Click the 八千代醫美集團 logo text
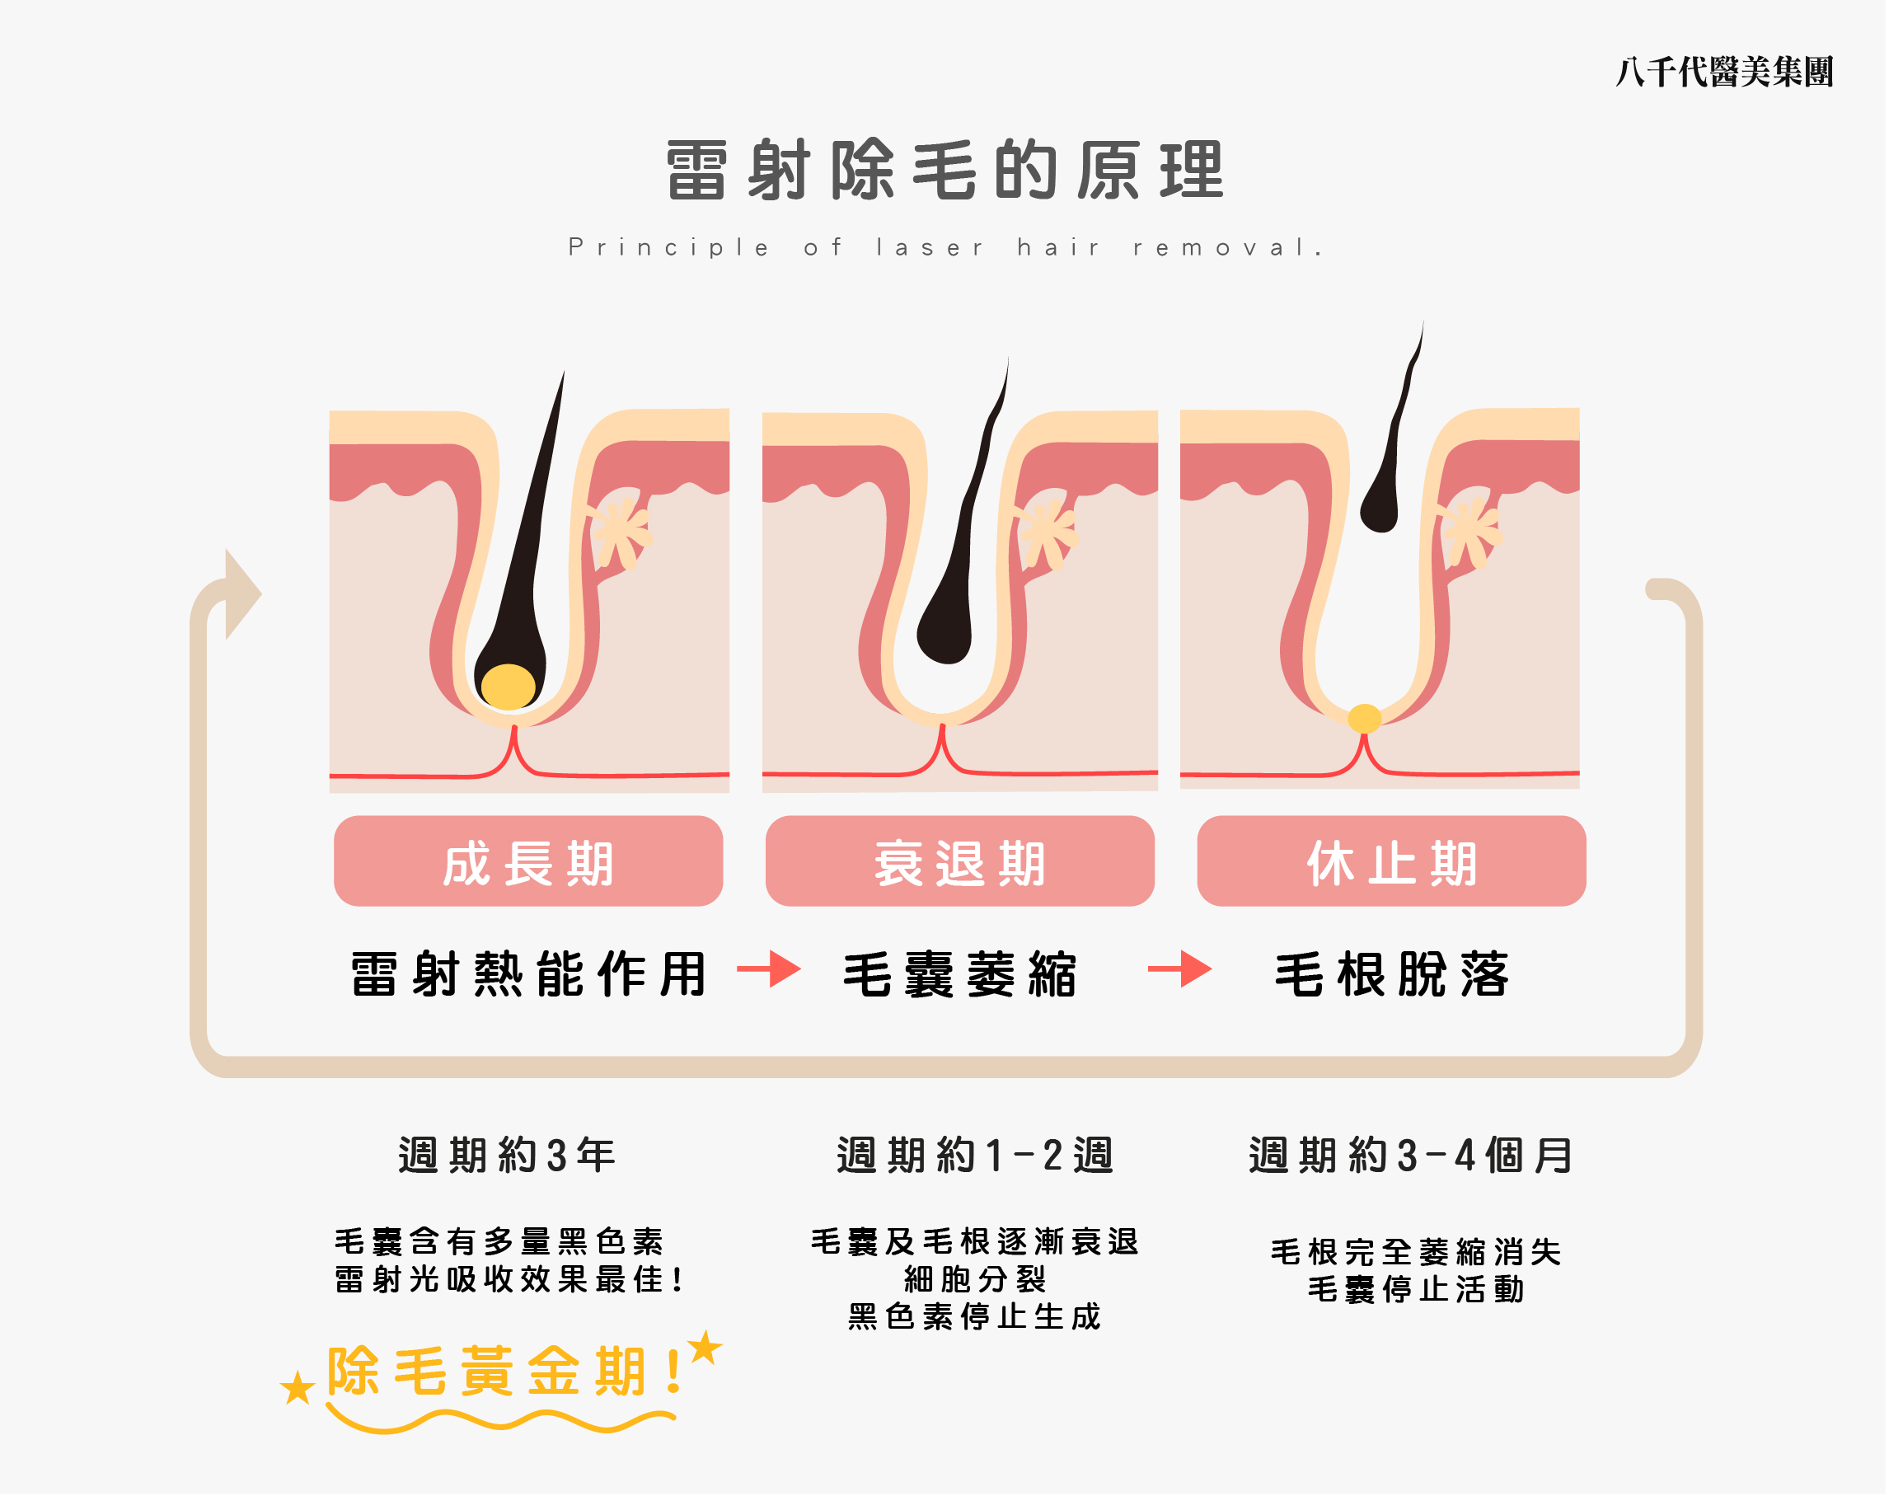(1723, 72)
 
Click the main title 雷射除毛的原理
(944, 170)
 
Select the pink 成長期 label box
(528, 862)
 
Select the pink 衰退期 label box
(960, 862)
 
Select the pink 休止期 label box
(1391, 862)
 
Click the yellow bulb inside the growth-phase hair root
(508, 687)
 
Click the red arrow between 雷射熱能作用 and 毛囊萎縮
(769, 969)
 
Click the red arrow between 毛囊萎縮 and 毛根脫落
(1179, 969)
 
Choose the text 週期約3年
(507, 1156)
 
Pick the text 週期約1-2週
(975, 1156)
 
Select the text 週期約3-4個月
(1411, 1156)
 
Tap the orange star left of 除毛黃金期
(298, 1388)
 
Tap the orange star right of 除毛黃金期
(705, 1348)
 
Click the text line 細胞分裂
(975, 1280)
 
